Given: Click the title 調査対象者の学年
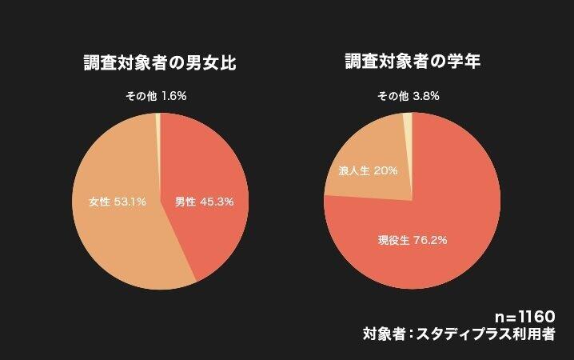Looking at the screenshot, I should click(x=412, y=62).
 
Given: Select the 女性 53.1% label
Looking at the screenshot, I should click(x=117, y=202).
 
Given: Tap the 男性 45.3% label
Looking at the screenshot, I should click(x=204, y=202).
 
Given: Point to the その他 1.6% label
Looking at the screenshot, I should click(x=156, y=97).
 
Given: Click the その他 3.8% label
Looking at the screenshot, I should click(x=409, y=97).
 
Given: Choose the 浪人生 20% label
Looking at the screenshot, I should click(x=368, y=170).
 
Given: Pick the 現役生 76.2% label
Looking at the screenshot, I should click(x=413, y=238).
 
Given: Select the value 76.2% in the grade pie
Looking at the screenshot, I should click(x=429, y=238).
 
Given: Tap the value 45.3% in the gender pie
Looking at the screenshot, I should click(x=217, y=202).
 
